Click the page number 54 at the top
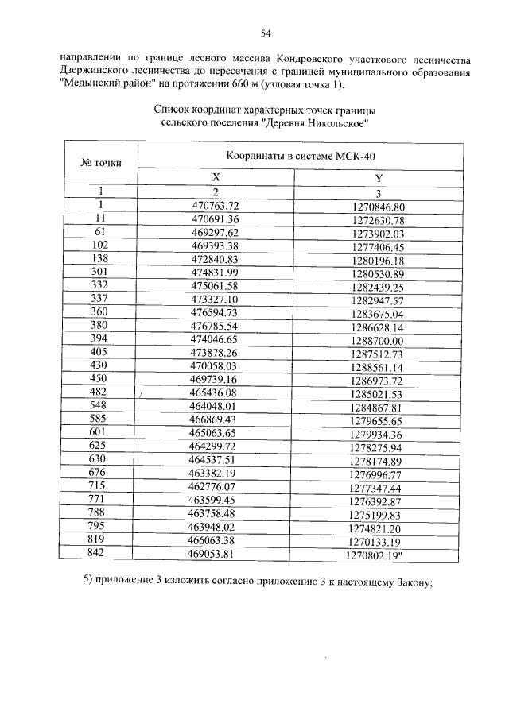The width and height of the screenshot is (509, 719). click(266, 33)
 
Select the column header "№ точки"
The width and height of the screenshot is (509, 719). click(101, 162)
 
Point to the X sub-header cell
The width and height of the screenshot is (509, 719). click(215, 179)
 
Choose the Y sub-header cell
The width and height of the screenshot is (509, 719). click(378, 179)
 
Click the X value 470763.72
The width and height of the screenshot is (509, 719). click(215, 205)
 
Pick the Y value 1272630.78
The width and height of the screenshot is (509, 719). click(378, 219)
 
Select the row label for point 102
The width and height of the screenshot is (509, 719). click(101, 246)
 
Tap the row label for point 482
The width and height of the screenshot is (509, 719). click(101, 392)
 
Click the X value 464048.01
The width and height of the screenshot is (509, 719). click(215, 407)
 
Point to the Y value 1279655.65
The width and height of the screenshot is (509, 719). click(378, 420)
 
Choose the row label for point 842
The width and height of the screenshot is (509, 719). click(101, 553)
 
